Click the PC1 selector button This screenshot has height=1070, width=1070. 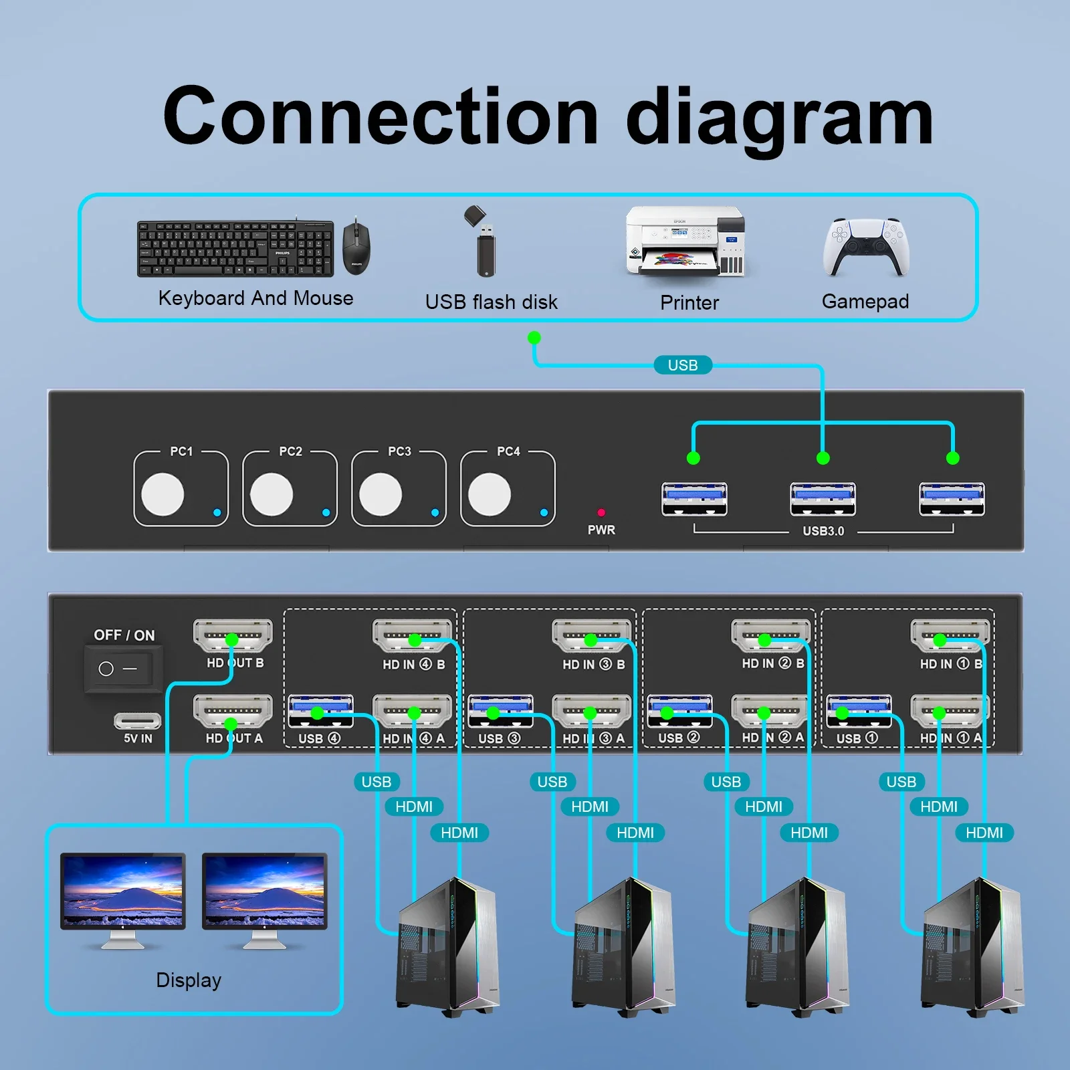(x=163, y=494)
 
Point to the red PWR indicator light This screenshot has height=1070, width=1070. (x=601, y=512)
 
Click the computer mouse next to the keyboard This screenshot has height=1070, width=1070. (x=356, y=246)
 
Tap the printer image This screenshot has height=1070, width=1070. (x=685, y=242)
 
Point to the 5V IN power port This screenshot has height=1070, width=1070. (x=137, y=721)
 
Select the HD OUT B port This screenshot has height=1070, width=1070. (x=233, y=635)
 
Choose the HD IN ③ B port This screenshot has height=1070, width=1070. (x=591, y=635)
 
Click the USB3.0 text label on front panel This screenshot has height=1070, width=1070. (x=823, y=531)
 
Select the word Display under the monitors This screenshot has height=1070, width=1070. (x=189, y=980)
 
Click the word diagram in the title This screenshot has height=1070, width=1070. (x=779, y=117)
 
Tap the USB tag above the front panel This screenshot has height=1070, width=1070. (x=682, y=365)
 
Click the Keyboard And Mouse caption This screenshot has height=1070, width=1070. (x=255, y=298)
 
